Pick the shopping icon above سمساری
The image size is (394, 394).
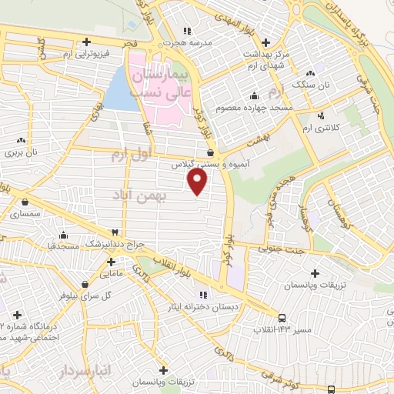coord(26,202)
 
